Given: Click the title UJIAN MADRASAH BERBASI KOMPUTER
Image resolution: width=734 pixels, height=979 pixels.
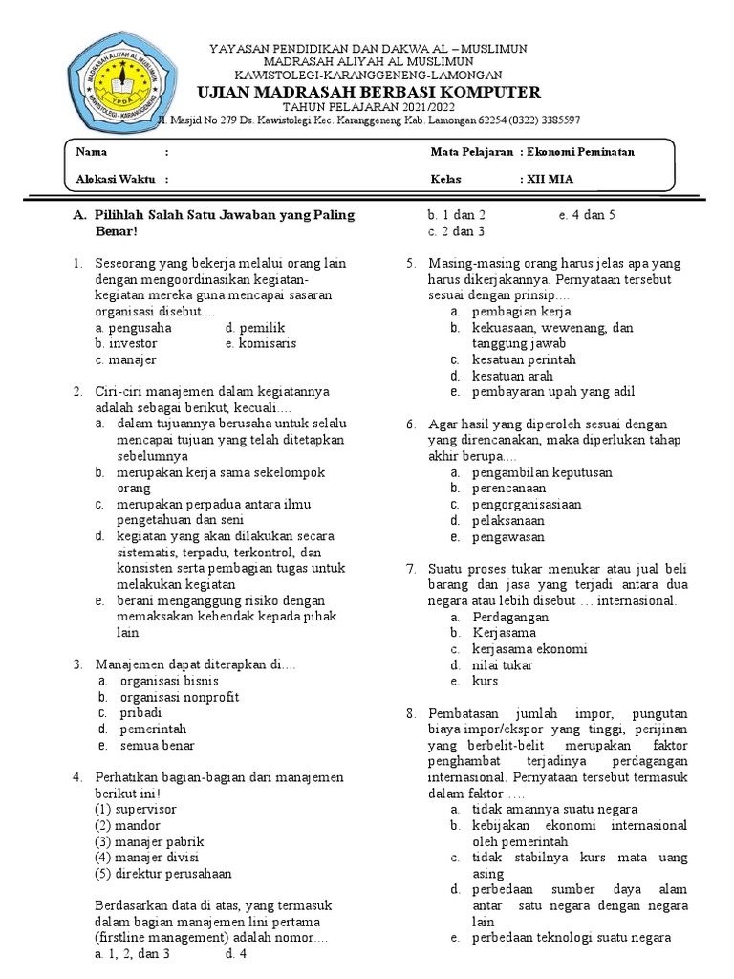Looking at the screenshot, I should [368, 92].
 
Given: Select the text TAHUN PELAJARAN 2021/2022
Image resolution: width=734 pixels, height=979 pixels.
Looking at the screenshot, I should [368, 107].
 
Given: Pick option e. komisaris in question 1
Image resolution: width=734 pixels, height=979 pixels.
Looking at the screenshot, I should [261, 343].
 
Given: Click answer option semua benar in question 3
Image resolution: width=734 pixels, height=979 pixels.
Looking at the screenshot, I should [157, 746].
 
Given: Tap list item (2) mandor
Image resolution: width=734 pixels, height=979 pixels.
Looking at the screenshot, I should [127, 825].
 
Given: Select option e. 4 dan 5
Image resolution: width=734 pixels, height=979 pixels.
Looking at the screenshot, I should [587, 215].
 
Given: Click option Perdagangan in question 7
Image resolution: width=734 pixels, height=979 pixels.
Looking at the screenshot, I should [509, 618].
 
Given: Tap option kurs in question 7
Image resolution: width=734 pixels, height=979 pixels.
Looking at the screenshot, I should [485, 682].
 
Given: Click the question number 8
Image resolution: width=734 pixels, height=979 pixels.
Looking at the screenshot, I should [410, 714].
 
